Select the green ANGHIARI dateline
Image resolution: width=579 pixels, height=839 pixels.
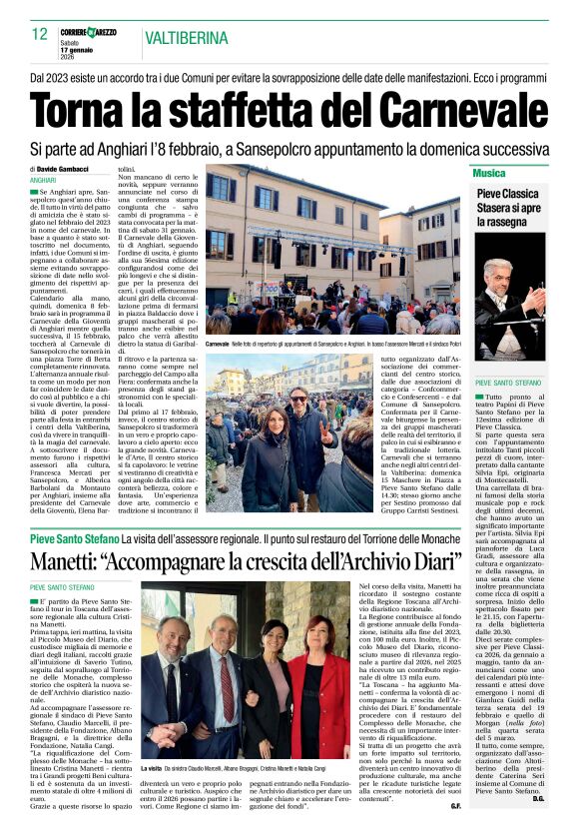point(44,180)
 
